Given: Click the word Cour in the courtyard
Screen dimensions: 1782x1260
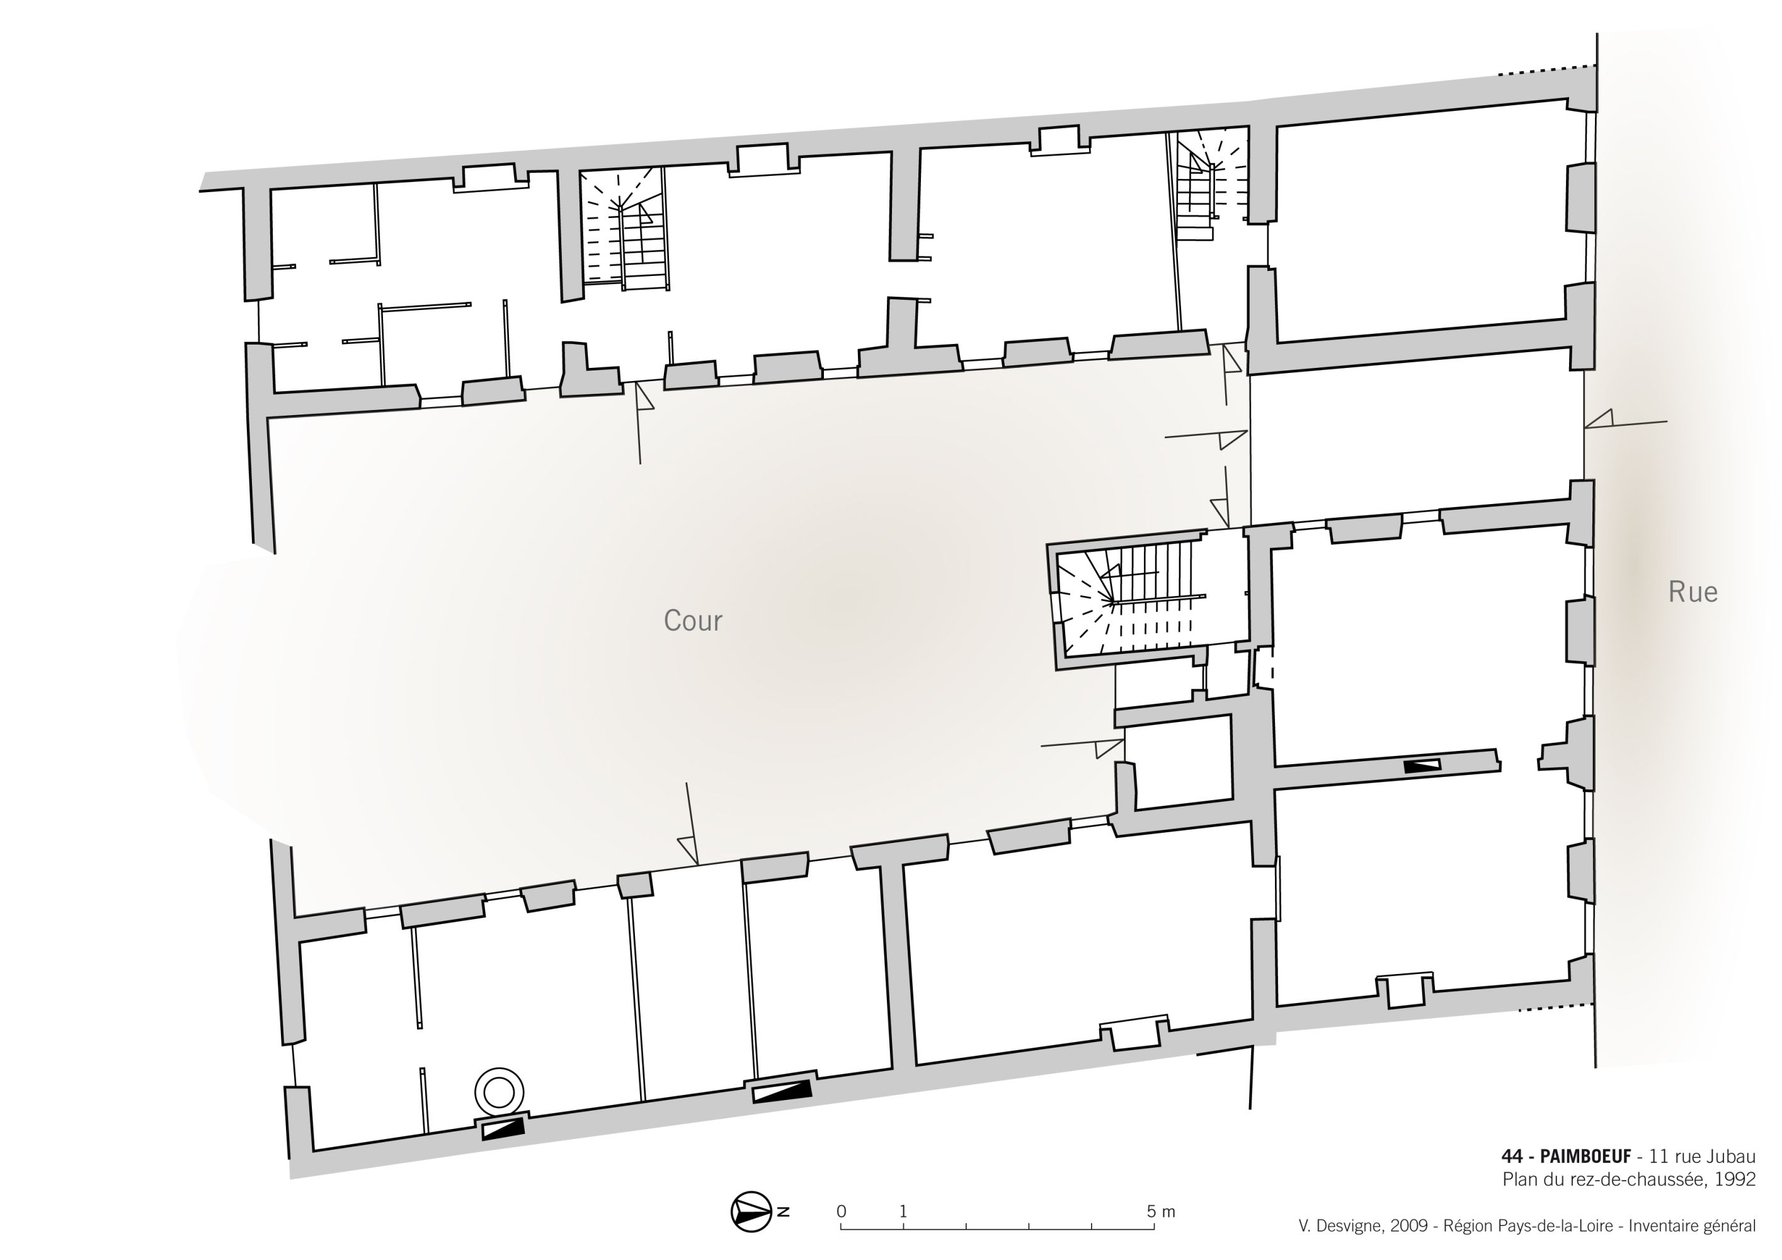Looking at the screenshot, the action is click(x=692, y=621).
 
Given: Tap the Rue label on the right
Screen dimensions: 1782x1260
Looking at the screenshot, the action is click(x=1693, y=592).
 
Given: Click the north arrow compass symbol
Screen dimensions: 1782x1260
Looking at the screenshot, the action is click(x=751, y=1211).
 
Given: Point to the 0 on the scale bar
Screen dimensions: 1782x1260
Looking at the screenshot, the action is click(x=842, y=1211).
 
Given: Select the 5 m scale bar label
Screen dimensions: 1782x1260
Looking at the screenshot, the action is click(x=1161, y=1211).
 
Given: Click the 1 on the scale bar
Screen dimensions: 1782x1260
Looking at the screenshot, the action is click(x=903, y=1211).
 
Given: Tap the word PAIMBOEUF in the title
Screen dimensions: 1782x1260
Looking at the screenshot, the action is click(x=1585, y=1157).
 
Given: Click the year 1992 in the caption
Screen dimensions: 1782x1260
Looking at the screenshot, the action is click(x=1735, y=1179).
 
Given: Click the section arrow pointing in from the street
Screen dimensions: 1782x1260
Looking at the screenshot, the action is click(x=1625, y=424).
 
